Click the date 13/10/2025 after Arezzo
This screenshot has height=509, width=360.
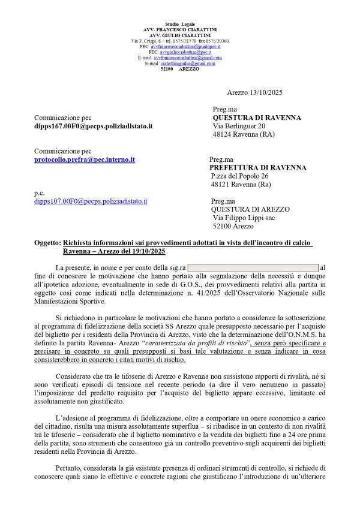267,92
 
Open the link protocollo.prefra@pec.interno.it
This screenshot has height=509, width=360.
84,159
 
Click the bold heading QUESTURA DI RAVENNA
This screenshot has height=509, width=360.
257,118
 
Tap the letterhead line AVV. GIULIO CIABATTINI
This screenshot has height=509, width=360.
180,35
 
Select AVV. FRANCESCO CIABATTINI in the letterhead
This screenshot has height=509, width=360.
180,29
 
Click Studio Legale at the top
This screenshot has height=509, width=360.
180,23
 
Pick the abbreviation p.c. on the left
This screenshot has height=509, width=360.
39,193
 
